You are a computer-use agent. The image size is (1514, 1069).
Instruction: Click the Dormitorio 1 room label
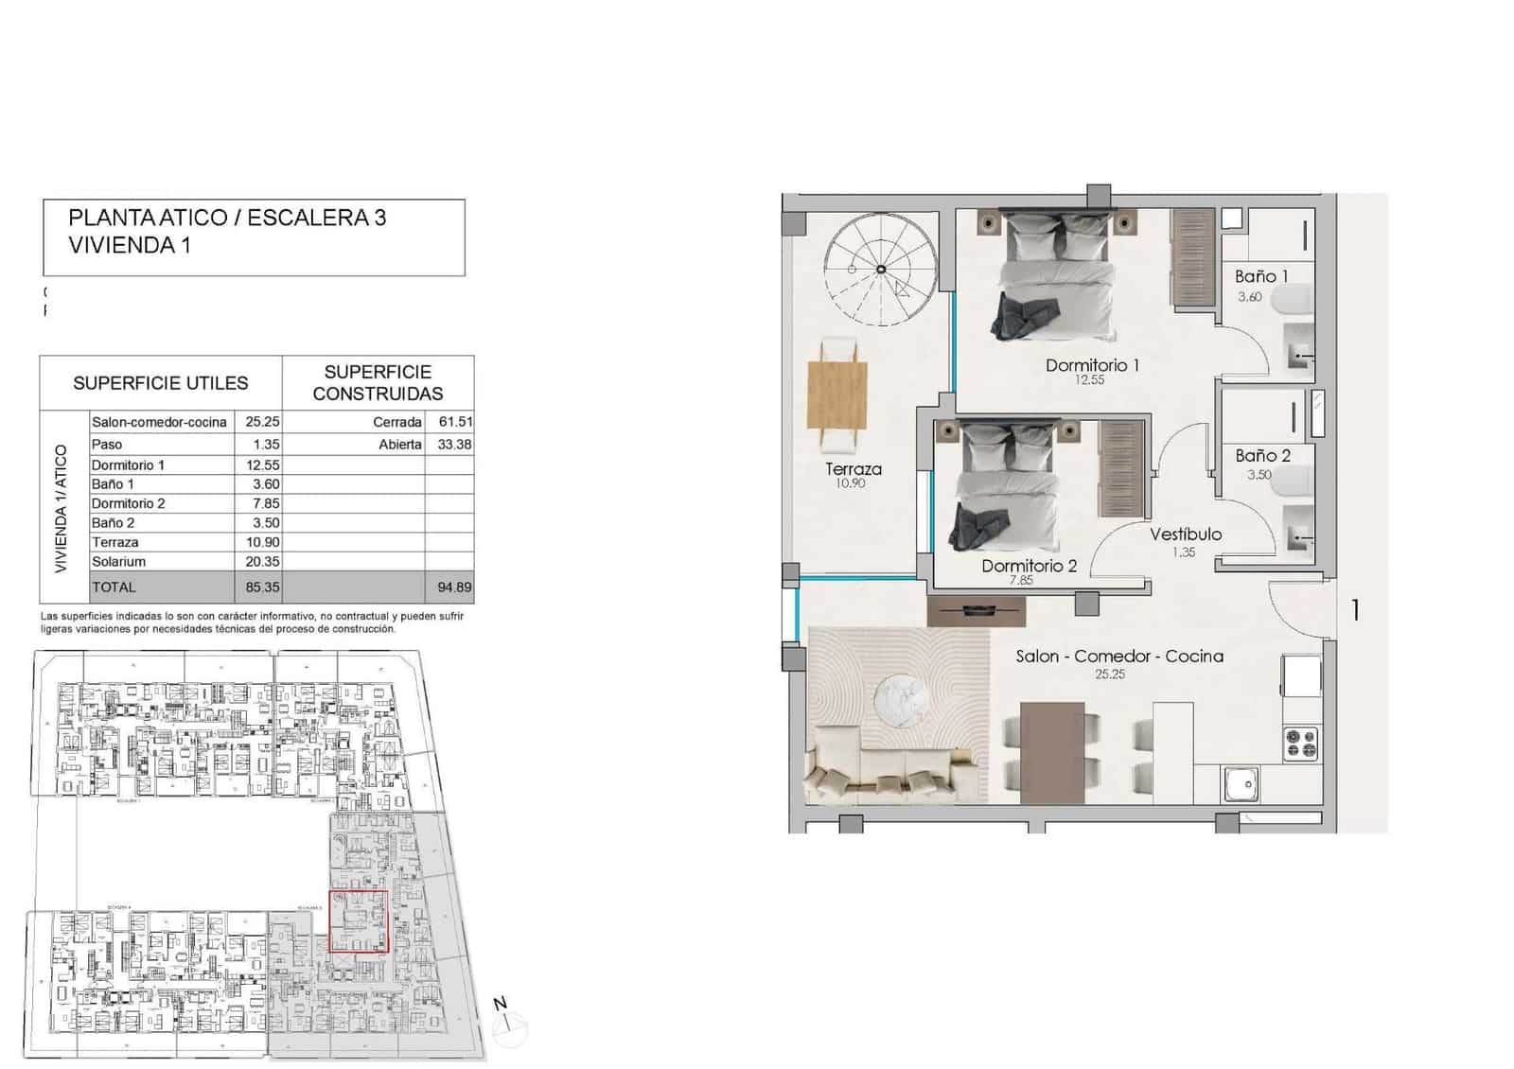[x=1092, y=365]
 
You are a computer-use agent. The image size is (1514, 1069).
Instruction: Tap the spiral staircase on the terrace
[x=880, y=270]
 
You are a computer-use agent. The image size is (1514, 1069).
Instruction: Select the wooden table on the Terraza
[x=838, y=394]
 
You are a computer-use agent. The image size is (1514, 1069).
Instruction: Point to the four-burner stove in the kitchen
[x=1301, y=743]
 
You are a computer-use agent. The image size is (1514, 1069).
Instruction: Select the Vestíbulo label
[x=1186, y=534]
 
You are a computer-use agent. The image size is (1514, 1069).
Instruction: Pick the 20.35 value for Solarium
[x=262, y=562]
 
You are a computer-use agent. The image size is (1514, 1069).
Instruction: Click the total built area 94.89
[x=454, y=587]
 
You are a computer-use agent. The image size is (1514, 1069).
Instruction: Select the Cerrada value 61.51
[x=455, y=422]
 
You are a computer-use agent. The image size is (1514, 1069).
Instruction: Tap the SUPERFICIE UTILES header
[x=161, y=383]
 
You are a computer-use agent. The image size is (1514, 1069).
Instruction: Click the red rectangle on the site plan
[x=359, y=920]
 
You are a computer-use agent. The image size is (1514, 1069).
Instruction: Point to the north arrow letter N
[x=501, y=1004]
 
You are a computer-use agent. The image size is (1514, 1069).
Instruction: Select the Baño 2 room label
[x=1262, y=456]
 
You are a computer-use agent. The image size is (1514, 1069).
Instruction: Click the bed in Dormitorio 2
[x=1005, y=492]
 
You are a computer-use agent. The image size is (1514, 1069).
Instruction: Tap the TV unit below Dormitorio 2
[x=977, y=612]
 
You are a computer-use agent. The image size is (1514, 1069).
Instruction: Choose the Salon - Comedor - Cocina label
[x=1119, y=657]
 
